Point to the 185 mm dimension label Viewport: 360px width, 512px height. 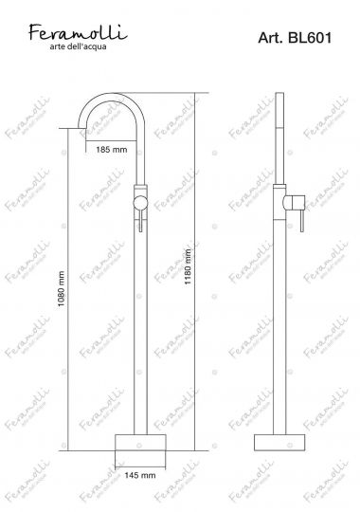point(112,150)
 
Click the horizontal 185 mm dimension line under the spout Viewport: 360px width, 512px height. point(112,138)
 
